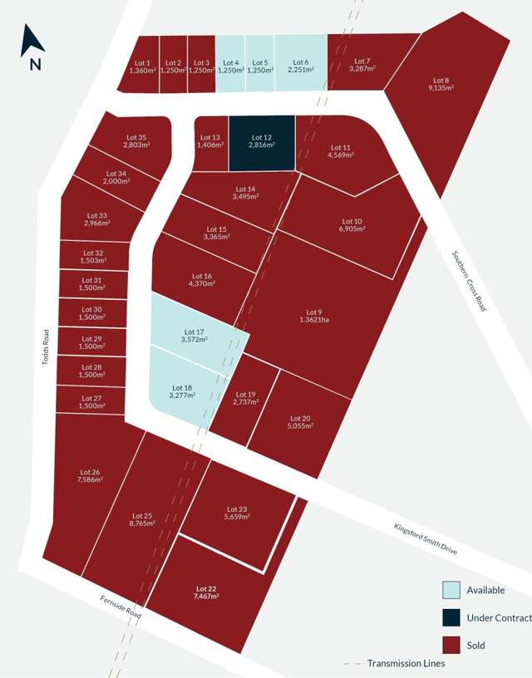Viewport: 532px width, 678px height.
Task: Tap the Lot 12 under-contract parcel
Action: tap(261, 144)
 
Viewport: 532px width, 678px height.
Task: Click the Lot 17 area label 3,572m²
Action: tap(193, 339)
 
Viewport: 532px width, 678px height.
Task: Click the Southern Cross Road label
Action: tap(470, 281)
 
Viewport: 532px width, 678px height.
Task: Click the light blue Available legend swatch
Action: tap(451, 590)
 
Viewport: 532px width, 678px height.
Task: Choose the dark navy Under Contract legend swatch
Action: tap(451, 617)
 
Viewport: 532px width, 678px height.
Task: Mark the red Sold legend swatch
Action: tap(451, 645)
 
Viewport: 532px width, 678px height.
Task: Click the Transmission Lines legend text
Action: tap(406, 663)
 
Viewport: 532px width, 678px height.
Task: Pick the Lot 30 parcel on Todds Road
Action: tap(91, 312)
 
